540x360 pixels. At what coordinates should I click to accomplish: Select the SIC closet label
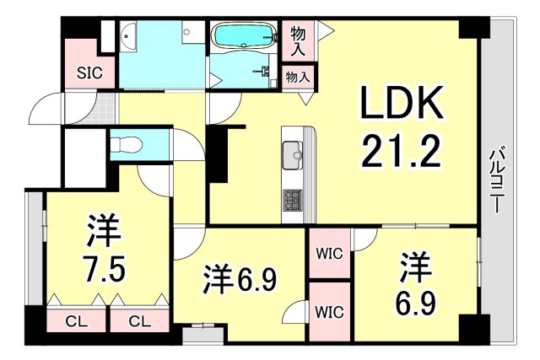click(x=90, y=73)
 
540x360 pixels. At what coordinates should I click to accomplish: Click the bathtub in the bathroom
click(x=243, y=37)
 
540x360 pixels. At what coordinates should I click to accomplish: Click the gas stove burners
click(x=290, y=200)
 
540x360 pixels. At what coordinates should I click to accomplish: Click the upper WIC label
click(x=329, y=254)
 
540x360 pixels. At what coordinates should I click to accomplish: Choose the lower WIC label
click(x=329, y=310)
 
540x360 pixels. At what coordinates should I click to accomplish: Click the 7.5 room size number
click(x=105, y=271)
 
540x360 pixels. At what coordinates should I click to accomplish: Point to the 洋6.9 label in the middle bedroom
click(x=239, y=279)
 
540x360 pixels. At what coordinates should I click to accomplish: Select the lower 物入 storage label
click(x=298, y=77)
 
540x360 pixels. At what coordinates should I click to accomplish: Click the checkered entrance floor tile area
click(x=103, y=110)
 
